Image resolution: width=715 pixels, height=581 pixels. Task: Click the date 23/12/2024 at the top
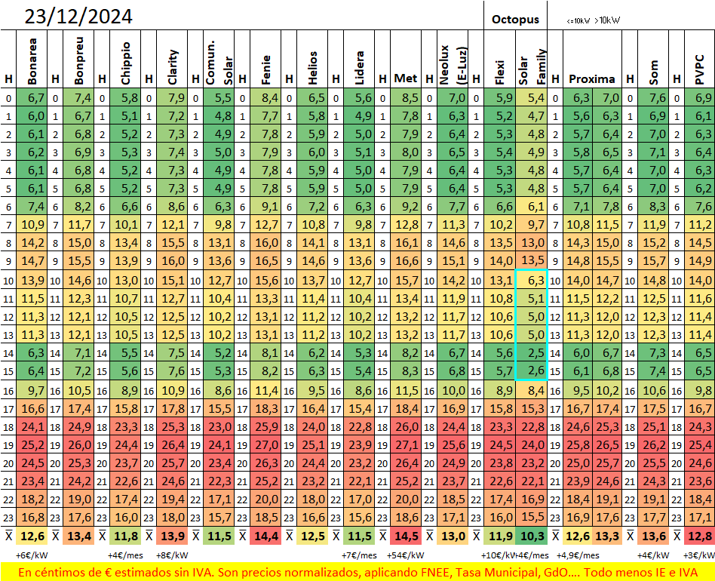pyautogui.click(x=78, y=17)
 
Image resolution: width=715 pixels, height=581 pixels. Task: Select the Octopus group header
pyautogui.click(x=515, y=20)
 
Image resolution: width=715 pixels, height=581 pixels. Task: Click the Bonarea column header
pyautogui.click(x=32, y=61)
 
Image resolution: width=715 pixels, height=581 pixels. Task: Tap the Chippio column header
pyautogui.click(x=125, y=63)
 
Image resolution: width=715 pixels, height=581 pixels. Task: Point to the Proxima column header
pyautogui.click(x=592, y=79)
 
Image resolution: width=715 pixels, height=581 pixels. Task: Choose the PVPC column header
pyautogui.click(x=699, y=69)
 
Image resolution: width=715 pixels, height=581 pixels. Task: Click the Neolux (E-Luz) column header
pyautogui.click(x=452, y=65)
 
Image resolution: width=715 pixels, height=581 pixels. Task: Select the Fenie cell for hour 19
pyautogui.click(x=265, y=444)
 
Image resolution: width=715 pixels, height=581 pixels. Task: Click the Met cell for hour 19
pyautogui.click(x=406, y=444)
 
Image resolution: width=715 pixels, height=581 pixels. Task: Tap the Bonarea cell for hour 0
pyautogui.click(x=32, y=97)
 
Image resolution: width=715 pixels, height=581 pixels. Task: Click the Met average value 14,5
pyautogui.click(x=406, y=536)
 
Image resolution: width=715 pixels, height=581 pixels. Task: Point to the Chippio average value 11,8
pyautogui.click(x=125, y=536)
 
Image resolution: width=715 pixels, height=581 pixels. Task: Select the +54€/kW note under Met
pyautogui.click(x=405, y=555)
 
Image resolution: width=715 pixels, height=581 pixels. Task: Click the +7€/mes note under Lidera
pyautogui.click(x=359, y=555)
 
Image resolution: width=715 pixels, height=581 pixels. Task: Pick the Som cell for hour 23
pyautogui.click(x=653, y=517)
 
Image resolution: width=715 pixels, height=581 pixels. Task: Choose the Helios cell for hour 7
pyautogui.click(x=312, y=225)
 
